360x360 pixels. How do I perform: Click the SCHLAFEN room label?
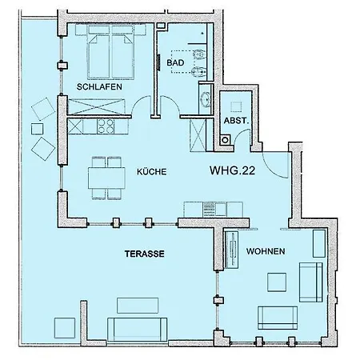click(99, 86)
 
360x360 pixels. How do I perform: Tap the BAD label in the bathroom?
click(175, 62)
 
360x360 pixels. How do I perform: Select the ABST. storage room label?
click(236, 121)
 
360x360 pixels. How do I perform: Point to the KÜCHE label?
click(152, 171)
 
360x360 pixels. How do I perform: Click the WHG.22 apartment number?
click(232, 170)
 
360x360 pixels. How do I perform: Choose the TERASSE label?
click(145, 254)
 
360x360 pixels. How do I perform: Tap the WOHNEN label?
click(266, 251)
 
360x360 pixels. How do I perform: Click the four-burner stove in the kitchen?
click(106, 126)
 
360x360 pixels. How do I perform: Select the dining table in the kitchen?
click(106, 178)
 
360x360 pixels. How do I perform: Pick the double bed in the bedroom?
click(110, 52)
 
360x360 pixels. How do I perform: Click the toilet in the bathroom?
click(199, 54)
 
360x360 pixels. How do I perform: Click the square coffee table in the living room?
click(277, 282)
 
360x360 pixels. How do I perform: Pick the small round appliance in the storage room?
click(226, 139)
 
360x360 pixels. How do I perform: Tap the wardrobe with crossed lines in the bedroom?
click(96, 106)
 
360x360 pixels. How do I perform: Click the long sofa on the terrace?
click(138, 330)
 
